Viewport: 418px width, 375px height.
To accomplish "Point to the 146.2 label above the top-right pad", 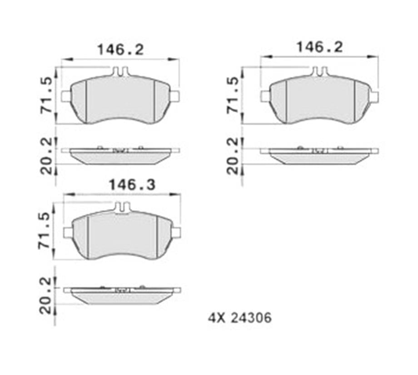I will click(319, 47).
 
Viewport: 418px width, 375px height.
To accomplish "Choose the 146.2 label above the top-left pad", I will click(120, 49).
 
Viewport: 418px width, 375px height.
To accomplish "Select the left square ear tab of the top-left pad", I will click(66, 96).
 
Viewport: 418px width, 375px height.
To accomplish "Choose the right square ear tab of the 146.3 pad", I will click(177, 233).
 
